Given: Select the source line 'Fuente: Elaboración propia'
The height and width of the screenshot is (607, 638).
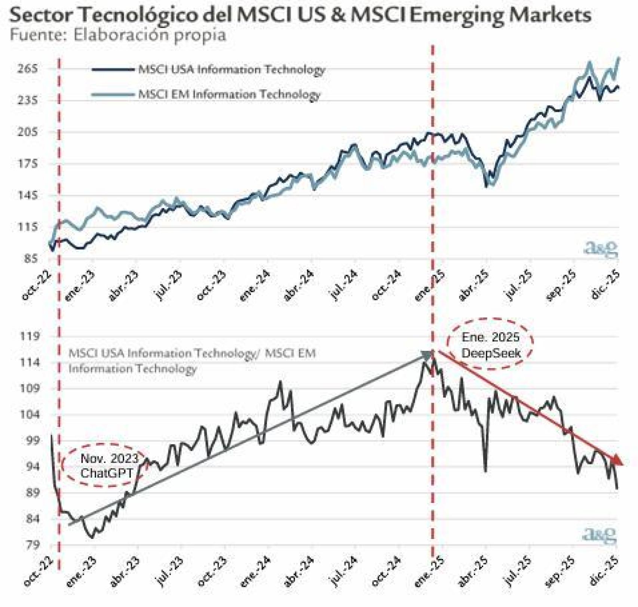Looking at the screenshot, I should [x=118, y=36].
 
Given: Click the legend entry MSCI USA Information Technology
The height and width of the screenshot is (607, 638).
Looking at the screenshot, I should [x=231, y=70].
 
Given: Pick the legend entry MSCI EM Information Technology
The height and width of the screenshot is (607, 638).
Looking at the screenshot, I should [x=229, y=94].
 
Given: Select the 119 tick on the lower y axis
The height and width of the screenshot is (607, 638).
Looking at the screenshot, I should [x=30, y=336].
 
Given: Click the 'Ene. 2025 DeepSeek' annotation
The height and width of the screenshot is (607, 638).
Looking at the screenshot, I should [x=490, y=345].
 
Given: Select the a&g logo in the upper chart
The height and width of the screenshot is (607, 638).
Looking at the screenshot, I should [x=601, y=249].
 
